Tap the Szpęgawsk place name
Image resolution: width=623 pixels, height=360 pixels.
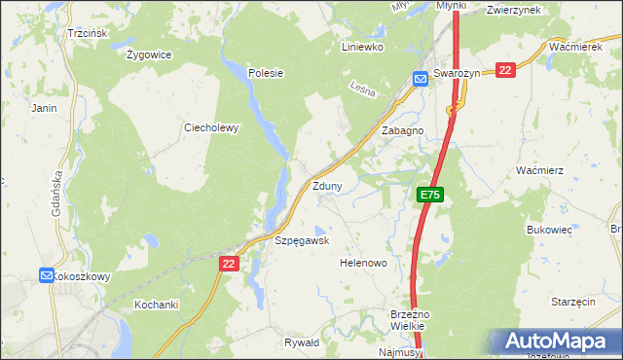point(302,240)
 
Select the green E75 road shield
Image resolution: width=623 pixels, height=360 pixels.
point(431,196)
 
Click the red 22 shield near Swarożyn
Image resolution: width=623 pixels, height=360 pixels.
point(505,70)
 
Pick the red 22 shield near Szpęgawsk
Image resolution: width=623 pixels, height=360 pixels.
point(229,264)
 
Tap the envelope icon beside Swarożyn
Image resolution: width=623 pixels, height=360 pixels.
point(421,80)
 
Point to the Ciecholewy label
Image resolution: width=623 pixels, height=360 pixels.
point(211,127)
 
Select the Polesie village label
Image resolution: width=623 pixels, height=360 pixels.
point(265,73)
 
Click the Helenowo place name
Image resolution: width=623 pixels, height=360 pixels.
point(363,264)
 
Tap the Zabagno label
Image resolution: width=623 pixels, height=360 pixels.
point(402,130)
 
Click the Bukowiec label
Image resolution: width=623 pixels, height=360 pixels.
point(548,230)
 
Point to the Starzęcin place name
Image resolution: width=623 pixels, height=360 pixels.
point(572,303)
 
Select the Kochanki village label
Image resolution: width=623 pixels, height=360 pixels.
point(156,305)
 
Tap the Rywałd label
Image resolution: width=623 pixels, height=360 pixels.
point(301,342)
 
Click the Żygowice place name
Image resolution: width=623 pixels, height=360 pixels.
point(149,54)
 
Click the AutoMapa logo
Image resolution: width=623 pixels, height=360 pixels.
point(555,342)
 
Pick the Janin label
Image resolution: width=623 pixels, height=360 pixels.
point(45,108)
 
